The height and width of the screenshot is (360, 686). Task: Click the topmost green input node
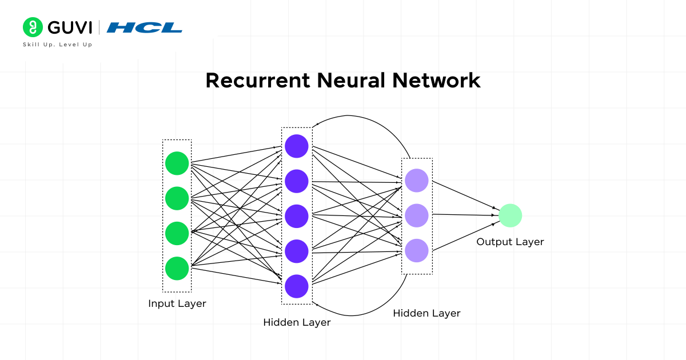click(x=177, y=163)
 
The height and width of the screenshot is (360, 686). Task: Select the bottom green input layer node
click(x=177, y=268)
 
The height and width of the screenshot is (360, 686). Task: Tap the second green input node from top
click(x=177, y=198)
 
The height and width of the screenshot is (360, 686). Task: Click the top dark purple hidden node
click(x=297, y=146)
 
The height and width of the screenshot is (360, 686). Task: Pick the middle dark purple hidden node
click(x=297, y=216)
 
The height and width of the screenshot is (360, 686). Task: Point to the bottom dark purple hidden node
click(x=297, y=286)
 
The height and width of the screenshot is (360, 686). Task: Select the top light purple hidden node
click(x=417, y=181)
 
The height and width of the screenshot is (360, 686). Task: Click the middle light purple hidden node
click(x=417, y=215)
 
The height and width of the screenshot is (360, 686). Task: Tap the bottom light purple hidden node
click(x=417, y=250)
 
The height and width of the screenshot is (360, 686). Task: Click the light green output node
click(x=510, y=215)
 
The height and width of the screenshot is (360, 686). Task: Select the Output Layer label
click(x=510, y=242)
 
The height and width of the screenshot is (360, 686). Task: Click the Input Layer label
click(x=177, y=303)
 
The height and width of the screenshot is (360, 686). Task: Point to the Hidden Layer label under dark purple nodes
click(x=297, y=322)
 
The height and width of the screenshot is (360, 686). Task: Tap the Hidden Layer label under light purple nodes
click(x=426, y=313)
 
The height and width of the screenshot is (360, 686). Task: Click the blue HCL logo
click(x=145, y=27)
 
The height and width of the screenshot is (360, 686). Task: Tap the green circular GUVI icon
click(x=33, y=27)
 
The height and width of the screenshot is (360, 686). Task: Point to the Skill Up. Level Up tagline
click(x=57, y=45)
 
